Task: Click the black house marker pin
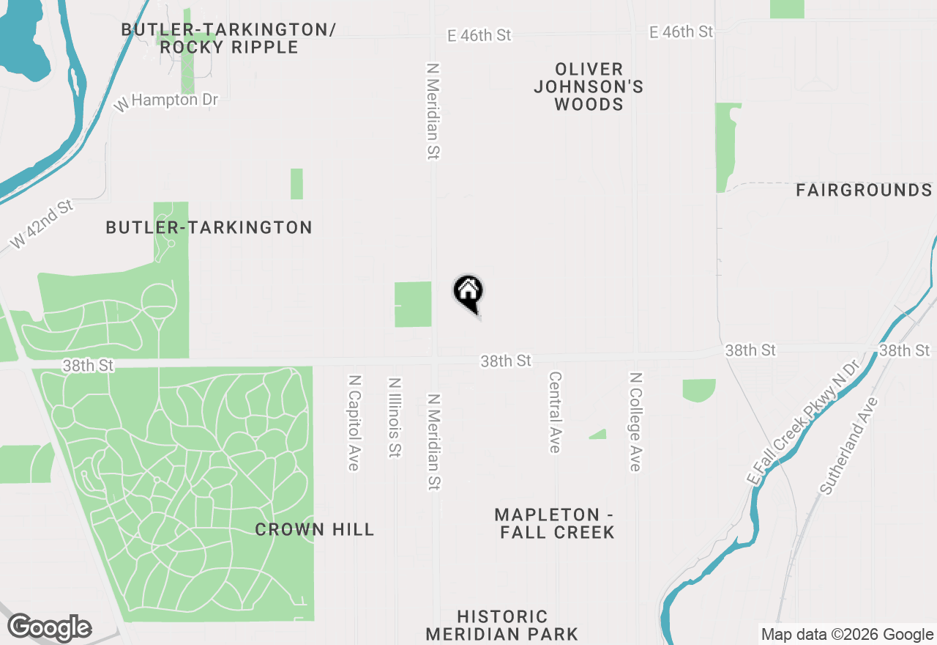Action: tap(468, 293)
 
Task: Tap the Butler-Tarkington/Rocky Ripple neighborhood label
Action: tap(228, 38)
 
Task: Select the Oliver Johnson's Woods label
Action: tap(589, 87)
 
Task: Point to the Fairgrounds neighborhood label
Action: tap(864, 191)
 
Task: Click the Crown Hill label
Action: tap(315, 529)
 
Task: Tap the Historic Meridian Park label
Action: tap(502, 625)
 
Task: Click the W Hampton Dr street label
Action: tap(167, 100)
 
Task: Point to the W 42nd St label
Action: tap(42, 224)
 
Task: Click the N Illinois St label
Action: tap(395, 418)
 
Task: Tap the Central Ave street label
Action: tap(555, 412)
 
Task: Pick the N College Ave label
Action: tap(635, 421)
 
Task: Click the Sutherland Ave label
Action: tap(849, 446)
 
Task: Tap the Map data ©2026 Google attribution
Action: tap(847, 635)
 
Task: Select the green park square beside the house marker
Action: tap(413, 304)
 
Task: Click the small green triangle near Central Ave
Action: tap(599, 434)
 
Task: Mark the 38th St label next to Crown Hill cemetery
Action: tap(89, 365)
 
